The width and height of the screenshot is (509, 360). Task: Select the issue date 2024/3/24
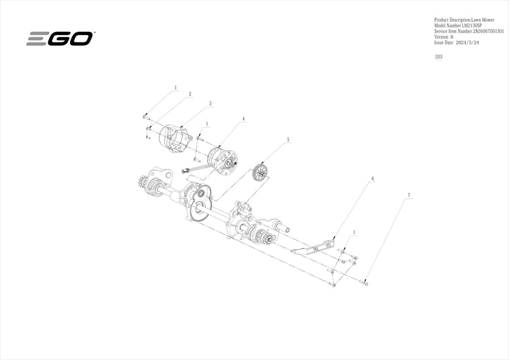tap(463, 43)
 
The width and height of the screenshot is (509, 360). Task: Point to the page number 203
tap(439, 57)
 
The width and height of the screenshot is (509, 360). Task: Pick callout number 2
tap(190, 94)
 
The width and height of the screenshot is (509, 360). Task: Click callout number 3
tap(210, 103)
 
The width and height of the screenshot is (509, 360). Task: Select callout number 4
tap(243, 119)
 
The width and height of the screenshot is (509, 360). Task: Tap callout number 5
tap(288, 139)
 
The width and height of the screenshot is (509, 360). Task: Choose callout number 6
tap(372, 179)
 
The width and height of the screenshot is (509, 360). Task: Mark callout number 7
tap(408, 193)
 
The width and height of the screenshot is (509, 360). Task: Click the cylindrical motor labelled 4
tap(222, 159)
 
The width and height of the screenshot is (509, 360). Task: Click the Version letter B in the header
tap(452, 37)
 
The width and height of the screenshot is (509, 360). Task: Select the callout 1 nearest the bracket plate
tap(354, 233)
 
